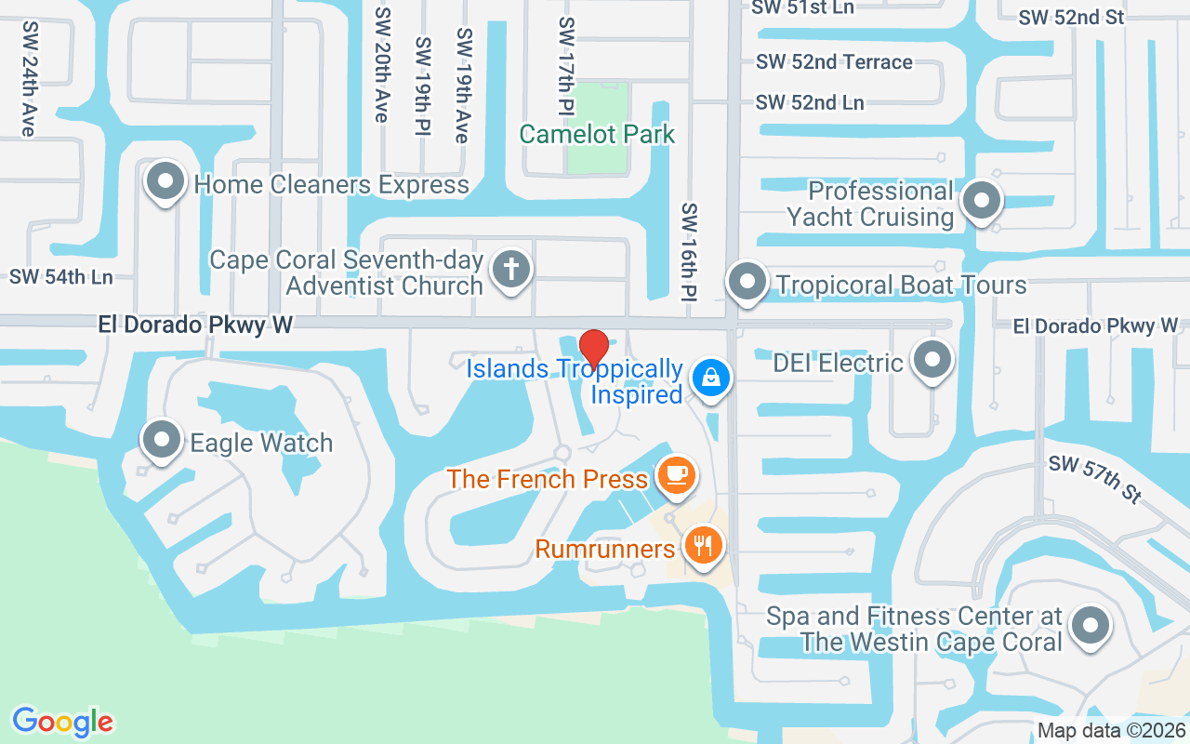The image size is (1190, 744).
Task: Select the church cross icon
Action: pos(510,270)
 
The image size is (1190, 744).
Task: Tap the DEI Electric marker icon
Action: pos(932,360)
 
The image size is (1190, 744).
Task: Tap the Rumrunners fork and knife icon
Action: pos(704,545)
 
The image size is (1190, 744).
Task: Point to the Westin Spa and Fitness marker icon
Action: pos(1090,626)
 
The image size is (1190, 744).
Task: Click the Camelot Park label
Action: pos(597,134)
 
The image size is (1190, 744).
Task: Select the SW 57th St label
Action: pos(1095,479)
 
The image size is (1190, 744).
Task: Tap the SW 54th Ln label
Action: pos(60,276)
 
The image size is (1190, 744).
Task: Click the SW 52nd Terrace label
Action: pos(834,61)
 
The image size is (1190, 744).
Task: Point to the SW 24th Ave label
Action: pos(28,79)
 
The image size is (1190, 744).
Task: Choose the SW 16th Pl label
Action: pos(689,252)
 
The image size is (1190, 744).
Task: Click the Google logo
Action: pos(62,722)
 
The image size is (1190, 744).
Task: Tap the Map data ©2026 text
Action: pos(1112,731)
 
